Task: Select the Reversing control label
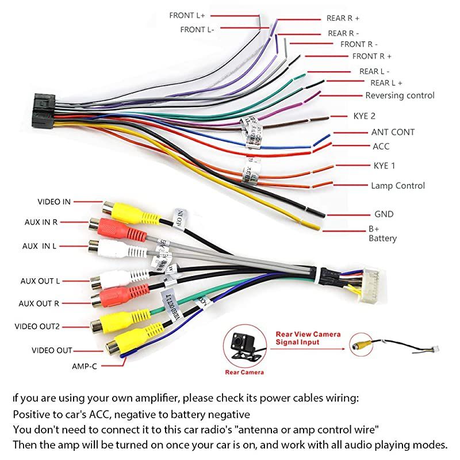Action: click(400, 95)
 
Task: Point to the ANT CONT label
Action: click(393, 132)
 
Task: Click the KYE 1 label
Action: click(384, 166)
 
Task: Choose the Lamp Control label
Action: click(398, 186)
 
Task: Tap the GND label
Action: click(384, 214)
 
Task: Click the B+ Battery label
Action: click(382, 233)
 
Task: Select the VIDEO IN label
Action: click(54, 202)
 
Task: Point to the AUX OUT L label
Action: click(40, 281)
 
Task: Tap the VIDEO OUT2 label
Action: click(37, 327)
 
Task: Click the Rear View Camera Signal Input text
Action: click(308, 338)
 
